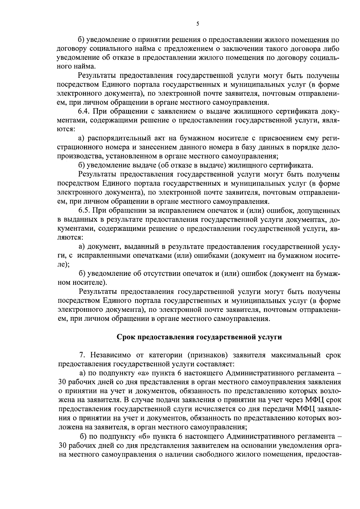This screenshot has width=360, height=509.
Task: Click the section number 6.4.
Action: pyautogui.click(x=85, y=112)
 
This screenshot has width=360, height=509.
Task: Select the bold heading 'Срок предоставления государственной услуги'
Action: pyautogui.click(x=199, y=337)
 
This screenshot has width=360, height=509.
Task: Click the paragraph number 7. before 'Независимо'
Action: pyautogui.click(x=82, y=355)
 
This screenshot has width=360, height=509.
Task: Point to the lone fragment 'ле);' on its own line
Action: pyautogui.click(x=63, y=264)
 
